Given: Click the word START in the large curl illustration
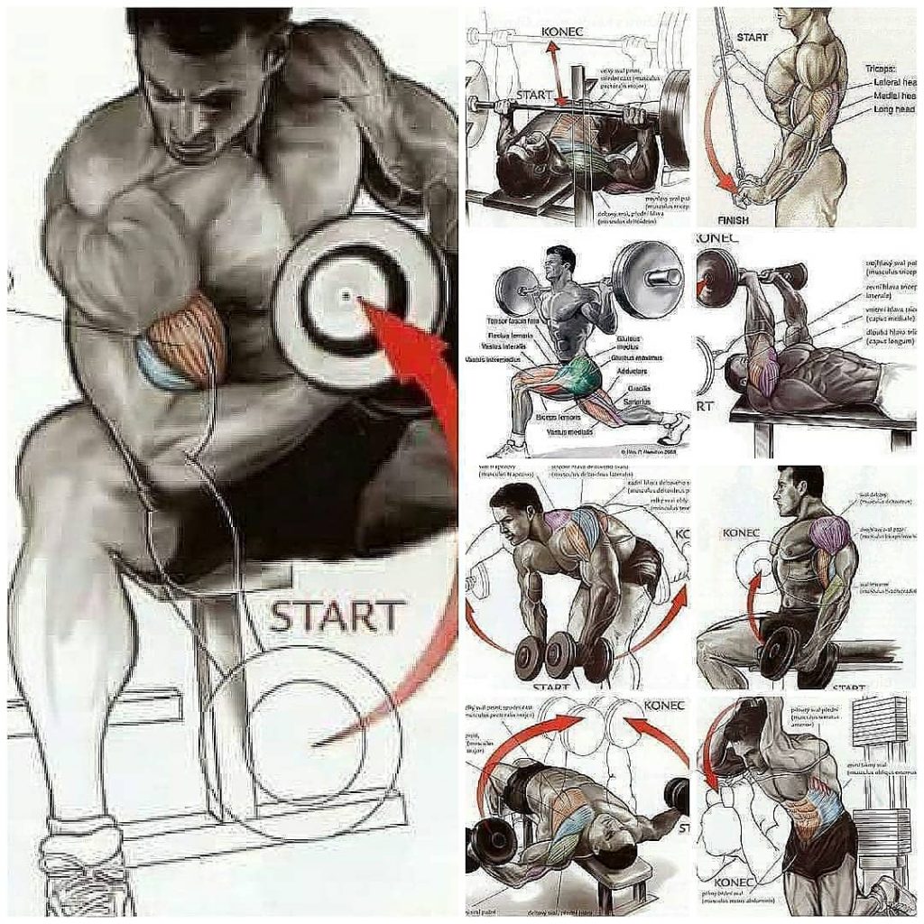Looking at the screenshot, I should [336, 616].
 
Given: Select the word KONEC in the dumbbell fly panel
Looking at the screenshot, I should [665, 705].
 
